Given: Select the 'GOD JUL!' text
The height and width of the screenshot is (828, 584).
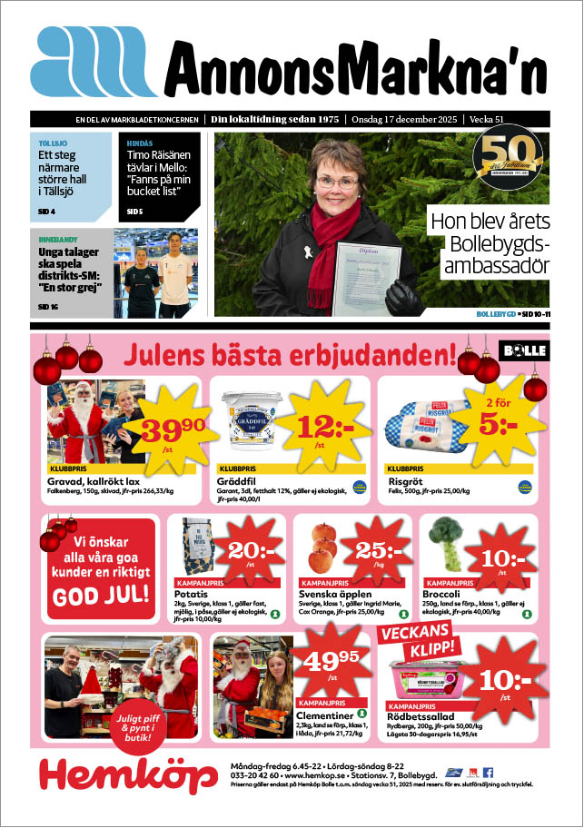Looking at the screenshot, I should point(102,596).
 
